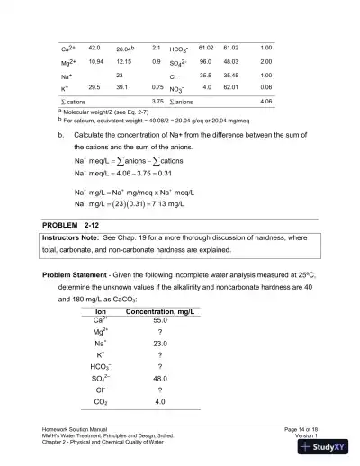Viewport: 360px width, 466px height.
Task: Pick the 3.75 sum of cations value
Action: coord(157,103)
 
